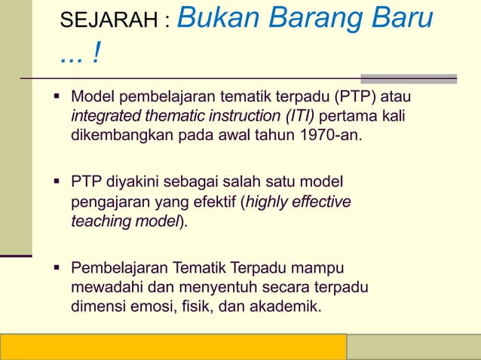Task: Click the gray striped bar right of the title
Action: [408, 78]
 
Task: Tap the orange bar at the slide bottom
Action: [173, 347]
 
